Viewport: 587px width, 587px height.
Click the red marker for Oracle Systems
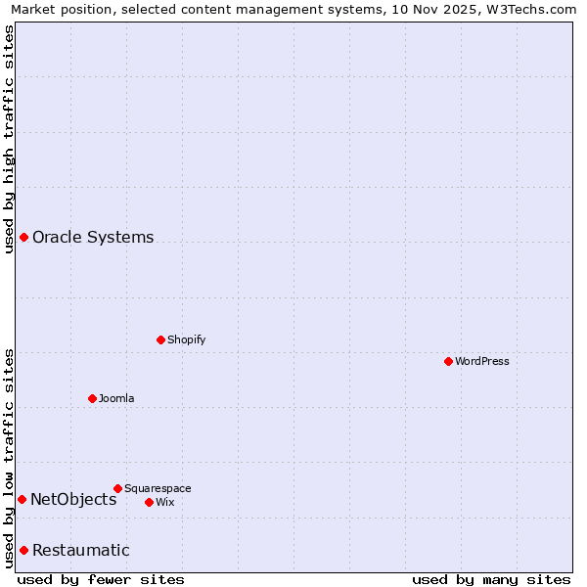tap(23, 238)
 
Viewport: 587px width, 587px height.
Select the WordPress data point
tap(448, 361)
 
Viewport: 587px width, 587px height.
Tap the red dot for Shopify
tap(160, 339)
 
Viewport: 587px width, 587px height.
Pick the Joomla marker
tap(92, 398)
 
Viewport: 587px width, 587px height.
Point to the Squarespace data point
tap(117, 488)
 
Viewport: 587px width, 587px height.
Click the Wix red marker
tap(149, 502)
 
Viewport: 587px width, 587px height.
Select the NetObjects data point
tap(22, 500)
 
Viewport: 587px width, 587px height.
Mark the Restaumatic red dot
tap(23, 550)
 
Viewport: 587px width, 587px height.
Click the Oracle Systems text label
tap(93, 238)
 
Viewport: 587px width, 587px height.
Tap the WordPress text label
tap(482, 361)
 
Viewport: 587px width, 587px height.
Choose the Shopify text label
tap(186, 339)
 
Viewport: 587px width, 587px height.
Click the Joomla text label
tap(116, 398)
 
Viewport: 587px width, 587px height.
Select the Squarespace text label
tap(158, 488)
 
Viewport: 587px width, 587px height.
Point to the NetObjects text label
tap(73, 500)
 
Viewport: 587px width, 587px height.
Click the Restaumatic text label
tap(80, 550)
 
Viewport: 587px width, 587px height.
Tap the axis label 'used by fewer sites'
tap(101, 579)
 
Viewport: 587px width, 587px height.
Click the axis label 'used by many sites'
tap(491, 579)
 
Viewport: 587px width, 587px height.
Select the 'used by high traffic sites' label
tap(9, 139)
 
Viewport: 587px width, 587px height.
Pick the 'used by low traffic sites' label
tap(9, 458)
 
